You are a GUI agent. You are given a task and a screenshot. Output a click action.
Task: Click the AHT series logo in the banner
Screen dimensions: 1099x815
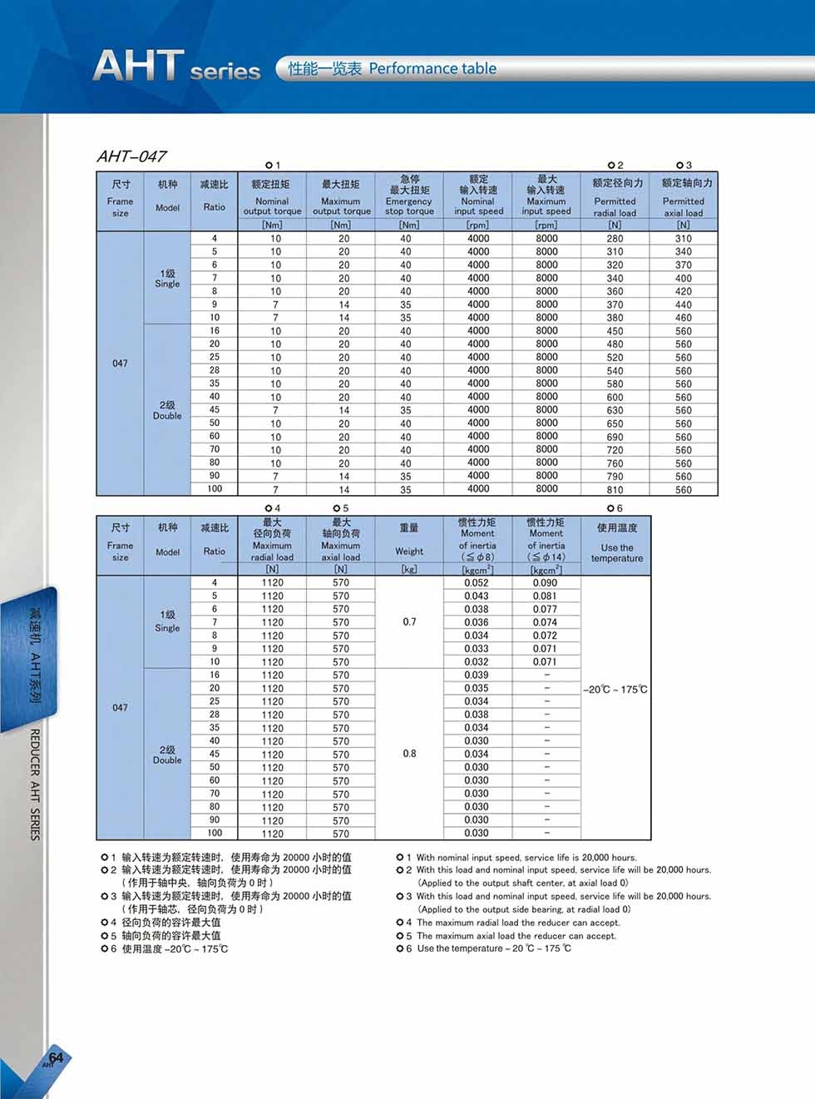[x=176, y=66]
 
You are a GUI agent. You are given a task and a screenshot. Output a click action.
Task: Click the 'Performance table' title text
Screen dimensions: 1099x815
[x=432, y=69]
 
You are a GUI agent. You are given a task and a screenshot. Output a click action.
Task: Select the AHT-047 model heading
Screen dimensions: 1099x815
[x=131, y=156]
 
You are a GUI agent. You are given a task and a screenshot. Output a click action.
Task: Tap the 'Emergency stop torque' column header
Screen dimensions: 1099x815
[x=409, y=196]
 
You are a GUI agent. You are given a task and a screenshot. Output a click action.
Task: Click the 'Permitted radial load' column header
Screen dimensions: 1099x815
[x=615, y=196]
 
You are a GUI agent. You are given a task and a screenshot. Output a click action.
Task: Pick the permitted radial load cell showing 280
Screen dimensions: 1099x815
[x=615, y=239]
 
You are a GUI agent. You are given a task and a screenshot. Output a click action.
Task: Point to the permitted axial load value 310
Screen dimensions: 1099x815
[x=683, y=239]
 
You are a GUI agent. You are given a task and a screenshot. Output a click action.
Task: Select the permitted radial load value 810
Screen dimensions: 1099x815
[x=615, y=489]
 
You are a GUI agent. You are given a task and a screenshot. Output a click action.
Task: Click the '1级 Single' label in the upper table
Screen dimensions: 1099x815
[x=167, y=278]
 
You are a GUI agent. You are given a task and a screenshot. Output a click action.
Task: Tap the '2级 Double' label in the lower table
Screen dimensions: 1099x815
[x=167, y=755]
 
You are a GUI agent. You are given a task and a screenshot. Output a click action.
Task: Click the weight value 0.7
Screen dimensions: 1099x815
[x=409, y=622]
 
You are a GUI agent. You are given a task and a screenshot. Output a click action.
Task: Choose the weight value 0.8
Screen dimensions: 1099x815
[x=409, y=754]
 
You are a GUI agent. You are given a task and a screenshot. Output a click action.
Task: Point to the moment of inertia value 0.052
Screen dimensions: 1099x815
[x=477, y=583]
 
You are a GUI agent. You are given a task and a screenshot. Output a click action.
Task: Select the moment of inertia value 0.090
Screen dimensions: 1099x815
[x=545, y=583]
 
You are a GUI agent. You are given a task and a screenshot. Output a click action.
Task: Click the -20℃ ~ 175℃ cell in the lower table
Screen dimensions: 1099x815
[x=615, y=690]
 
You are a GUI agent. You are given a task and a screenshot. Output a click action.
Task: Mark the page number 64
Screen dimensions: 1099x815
[x=56, y=1058]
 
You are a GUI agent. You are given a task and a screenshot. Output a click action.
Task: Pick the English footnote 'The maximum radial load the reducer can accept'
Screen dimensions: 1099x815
[x=517, y=923]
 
